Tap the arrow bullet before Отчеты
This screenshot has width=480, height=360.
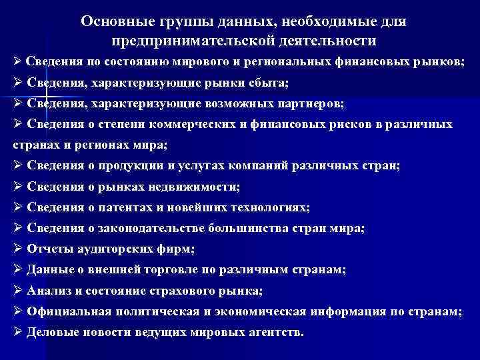coord(18,249)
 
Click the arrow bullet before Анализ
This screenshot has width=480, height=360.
coord(18,291)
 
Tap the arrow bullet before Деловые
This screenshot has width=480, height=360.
coord(18,332)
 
